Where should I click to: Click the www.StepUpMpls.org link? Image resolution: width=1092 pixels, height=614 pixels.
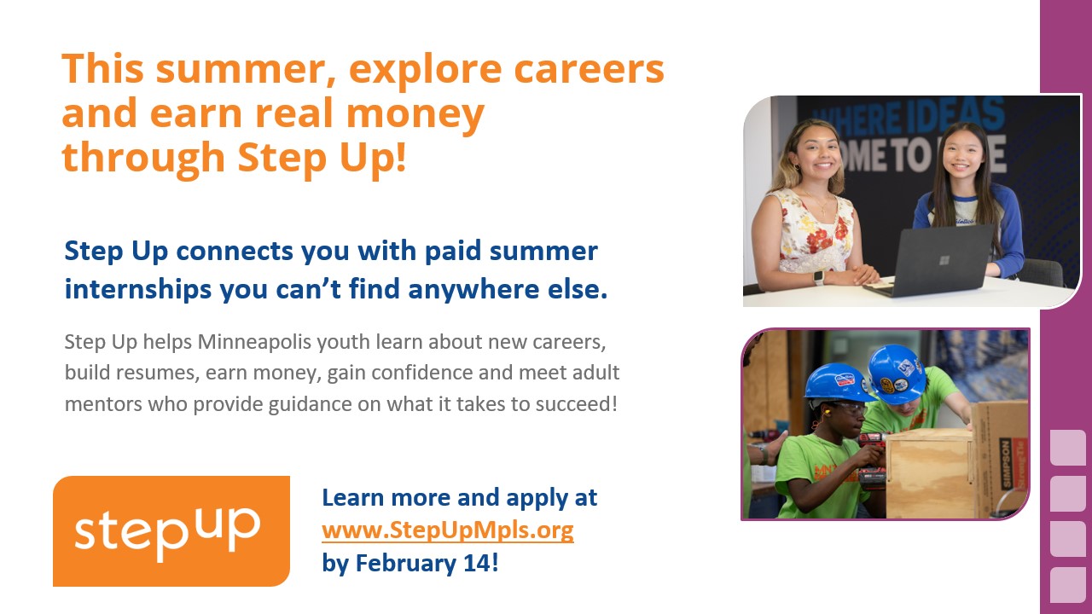(448, 530)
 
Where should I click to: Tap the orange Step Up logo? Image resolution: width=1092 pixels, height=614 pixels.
(171, 531)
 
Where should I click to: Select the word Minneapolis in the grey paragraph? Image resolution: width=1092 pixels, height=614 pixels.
(254, 342)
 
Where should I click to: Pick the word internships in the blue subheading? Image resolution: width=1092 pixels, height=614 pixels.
(138, 290)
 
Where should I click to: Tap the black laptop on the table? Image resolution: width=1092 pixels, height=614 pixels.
(930, 261)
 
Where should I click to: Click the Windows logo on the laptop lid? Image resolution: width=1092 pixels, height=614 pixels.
(944, 260)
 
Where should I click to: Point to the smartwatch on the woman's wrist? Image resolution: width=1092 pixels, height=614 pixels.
(818, 278)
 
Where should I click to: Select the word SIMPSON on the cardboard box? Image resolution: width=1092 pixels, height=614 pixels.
(1006, 463)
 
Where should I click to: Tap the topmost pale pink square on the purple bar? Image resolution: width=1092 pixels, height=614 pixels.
(1067, 448)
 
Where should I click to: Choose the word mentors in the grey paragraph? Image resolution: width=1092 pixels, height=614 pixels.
(103, 404)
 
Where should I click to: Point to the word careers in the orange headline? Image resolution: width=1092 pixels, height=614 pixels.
(589, 69)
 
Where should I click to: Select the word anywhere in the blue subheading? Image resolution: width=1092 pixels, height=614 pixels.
(473, 290)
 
